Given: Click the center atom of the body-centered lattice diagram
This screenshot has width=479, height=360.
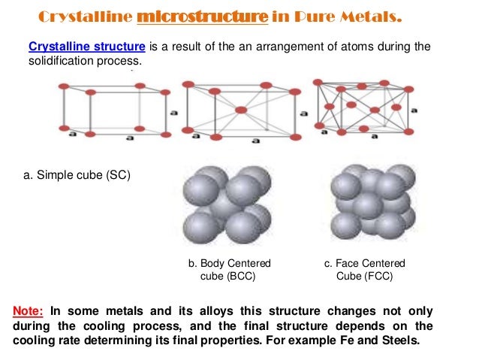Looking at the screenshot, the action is pyautogui.click(x=240, y=110).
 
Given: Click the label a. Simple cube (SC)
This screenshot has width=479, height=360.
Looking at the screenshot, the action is pyautogui.click(x=77, y=176).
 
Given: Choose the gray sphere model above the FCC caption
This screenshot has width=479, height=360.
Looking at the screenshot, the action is pyautogui.click(x=372, y=203).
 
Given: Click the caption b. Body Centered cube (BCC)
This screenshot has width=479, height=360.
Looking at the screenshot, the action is pyautogui.click(x=229, y=270).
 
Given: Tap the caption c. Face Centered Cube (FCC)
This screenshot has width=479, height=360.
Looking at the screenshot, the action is pyautogui.click(x=364, y=270).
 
